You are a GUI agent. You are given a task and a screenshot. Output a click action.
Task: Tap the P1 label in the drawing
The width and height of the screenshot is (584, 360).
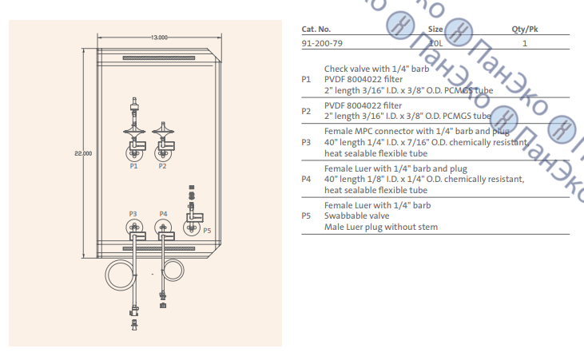click(x=133, y=167)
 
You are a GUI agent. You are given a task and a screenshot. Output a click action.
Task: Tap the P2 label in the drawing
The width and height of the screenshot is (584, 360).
click(x=162, y=167)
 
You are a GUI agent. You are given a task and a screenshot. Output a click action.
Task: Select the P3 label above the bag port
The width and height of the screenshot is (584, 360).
click(x=133, y=214)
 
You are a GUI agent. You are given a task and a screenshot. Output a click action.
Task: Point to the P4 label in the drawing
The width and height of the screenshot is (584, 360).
click(x=163, y=214)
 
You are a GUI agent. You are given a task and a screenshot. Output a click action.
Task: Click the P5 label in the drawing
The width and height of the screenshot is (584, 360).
click(x=207, y=230)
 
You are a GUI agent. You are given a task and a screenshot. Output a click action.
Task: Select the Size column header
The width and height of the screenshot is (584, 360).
click(x=435, y=28)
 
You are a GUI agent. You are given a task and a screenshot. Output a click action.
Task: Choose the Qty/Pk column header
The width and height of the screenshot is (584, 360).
click(x=524, y=28)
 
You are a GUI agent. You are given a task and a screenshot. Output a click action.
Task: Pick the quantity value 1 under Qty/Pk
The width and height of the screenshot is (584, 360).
click(x=525, y=43)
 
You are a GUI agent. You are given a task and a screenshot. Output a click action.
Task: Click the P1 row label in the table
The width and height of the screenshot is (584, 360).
click(x=306, y=80)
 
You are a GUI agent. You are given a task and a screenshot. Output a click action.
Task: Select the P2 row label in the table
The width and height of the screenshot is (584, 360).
click(x=306, y=111)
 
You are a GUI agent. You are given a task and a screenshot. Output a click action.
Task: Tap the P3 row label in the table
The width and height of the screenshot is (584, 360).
click(x=306, y=142)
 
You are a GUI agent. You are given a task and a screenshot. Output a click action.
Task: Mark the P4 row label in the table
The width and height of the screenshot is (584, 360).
click(x=306, y=180)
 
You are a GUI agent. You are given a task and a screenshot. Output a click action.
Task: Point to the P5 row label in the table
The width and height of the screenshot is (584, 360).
click(x=306, y=216)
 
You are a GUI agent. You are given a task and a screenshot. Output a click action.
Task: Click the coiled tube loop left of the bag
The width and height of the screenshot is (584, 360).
click(x=122, y=277)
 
